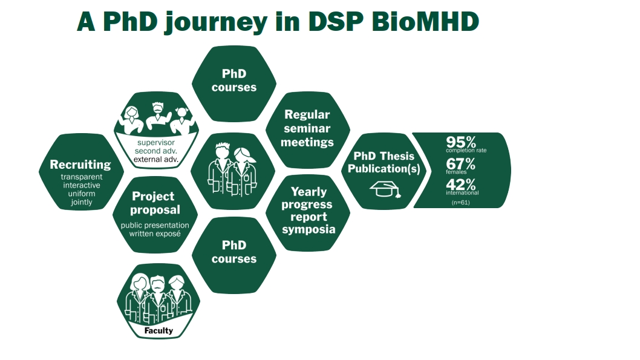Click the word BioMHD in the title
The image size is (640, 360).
click(x=425, y=21)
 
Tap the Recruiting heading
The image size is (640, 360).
click(x=80, y=165)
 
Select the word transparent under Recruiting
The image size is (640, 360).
click(x=82, y=177)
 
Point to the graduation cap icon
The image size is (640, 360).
click(x=385, y=189)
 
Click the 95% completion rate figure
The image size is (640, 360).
click(x=461, y=142)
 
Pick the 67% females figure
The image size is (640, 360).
click(x=461, y=164)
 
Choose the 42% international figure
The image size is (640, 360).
click(x=461, y=185)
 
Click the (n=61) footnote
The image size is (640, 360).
click(x=460, y=203)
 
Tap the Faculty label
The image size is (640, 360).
click(x=158, y=330)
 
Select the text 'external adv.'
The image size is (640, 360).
click(x=156, y=159)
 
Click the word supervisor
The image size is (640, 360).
click(x=156, y=142)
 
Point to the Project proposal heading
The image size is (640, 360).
click(x=155, y=203)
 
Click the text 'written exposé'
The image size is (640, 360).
click(x=155, y=234)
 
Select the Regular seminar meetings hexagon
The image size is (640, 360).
click(x=307, y=129)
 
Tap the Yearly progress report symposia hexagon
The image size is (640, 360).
click(x=308, y=212)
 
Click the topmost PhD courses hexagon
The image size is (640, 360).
click(x=234, y=83)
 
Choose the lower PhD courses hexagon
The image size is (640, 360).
click(x=234, y=255)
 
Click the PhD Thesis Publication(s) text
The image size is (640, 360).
click(x=384, y=162)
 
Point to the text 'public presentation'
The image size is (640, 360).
click(x=155, y=225)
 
